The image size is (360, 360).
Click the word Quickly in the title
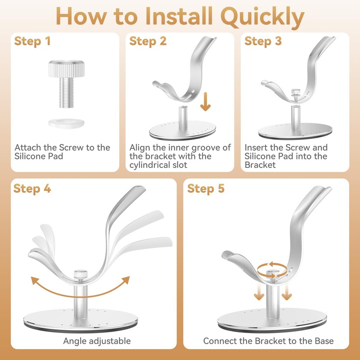262,17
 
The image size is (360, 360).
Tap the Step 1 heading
32,41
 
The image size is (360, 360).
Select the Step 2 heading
148,41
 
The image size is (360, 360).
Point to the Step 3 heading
263,41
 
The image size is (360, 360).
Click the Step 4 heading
32,189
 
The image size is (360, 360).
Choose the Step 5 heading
206,189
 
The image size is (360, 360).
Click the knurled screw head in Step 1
66,68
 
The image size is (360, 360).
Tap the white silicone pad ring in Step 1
66,123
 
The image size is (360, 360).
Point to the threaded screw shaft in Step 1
66,93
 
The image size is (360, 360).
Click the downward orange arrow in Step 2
205,102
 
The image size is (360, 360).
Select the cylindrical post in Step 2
183,117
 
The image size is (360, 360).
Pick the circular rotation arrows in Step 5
272,270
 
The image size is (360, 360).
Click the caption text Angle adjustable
97,341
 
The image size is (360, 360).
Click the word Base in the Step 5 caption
324,341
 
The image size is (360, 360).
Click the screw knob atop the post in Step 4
81,274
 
